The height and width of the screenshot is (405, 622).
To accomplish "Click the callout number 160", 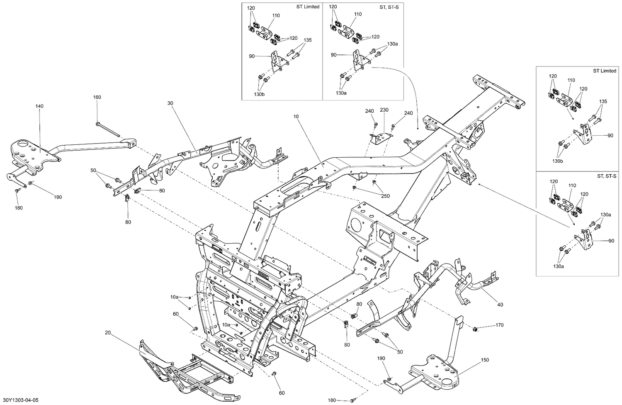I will coord(97,98).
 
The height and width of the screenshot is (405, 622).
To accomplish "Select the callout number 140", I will coord(39,106).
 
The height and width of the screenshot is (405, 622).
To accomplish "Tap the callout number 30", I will coord(170,102).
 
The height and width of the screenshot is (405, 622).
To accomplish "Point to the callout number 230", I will coord(384,110).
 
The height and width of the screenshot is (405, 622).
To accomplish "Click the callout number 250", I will coord(385,196).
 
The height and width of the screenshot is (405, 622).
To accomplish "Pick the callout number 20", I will coord(108,332).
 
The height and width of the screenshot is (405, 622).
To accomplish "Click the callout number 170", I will coord(499,325).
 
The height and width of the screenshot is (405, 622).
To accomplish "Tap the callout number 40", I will coord(500,305).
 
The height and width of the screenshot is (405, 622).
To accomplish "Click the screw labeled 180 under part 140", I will coord(17,190).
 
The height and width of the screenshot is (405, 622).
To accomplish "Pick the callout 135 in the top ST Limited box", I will coord(308,40).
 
